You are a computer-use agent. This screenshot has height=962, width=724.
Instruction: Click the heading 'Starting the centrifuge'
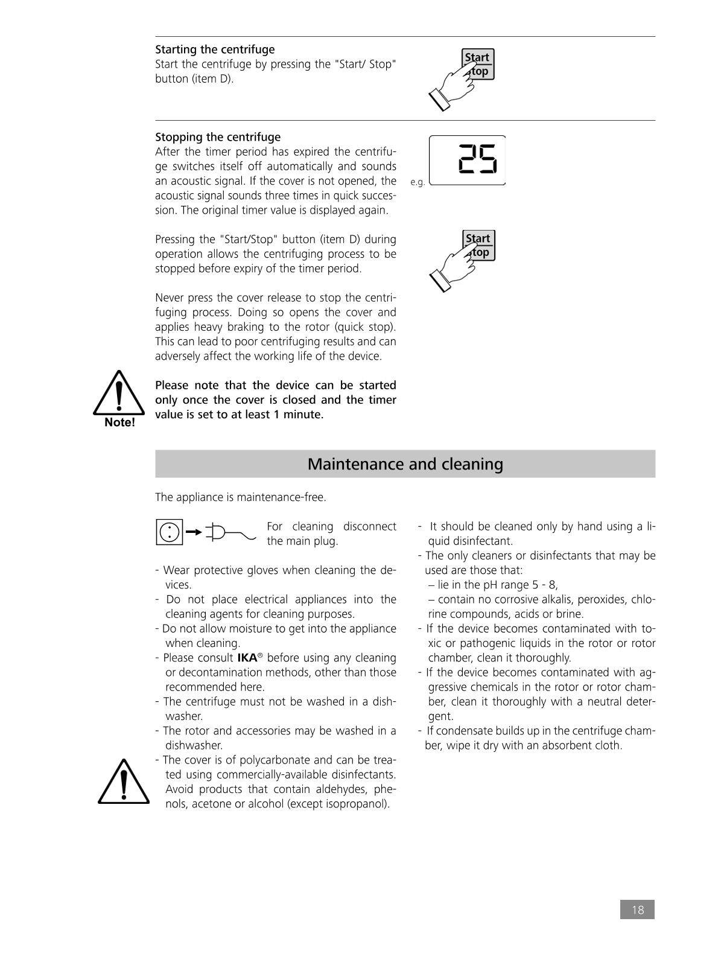tap(215, 49)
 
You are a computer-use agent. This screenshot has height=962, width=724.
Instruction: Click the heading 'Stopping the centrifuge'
tap(218, 137)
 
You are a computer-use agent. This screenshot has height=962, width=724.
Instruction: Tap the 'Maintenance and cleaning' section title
tap(405, 464)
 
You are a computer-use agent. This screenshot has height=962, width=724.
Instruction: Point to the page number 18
tap(637, 909)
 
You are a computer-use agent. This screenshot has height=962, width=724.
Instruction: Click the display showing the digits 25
tap(468, 161)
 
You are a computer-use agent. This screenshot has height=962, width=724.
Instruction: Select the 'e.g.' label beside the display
tap(418, 182)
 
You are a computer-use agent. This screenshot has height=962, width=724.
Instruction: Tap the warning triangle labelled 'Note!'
tap(119, 398)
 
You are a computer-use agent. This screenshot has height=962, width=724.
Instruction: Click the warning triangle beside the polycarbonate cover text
tap(123, 783)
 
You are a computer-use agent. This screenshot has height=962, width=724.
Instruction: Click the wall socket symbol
tap(170, 532)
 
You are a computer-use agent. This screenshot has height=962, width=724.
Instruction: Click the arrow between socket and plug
tap(194, 532)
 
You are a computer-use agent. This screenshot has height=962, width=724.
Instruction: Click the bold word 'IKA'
tap(247, 658)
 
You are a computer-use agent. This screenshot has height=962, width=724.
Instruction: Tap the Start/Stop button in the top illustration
tap(478, 64)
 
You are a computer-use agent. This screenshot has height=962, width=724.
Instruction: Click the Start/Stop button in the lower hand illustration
tap(479, 245)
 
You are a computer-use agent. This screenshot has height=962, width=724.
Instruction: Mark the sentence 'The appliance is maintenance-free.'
tap(240, 497)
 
